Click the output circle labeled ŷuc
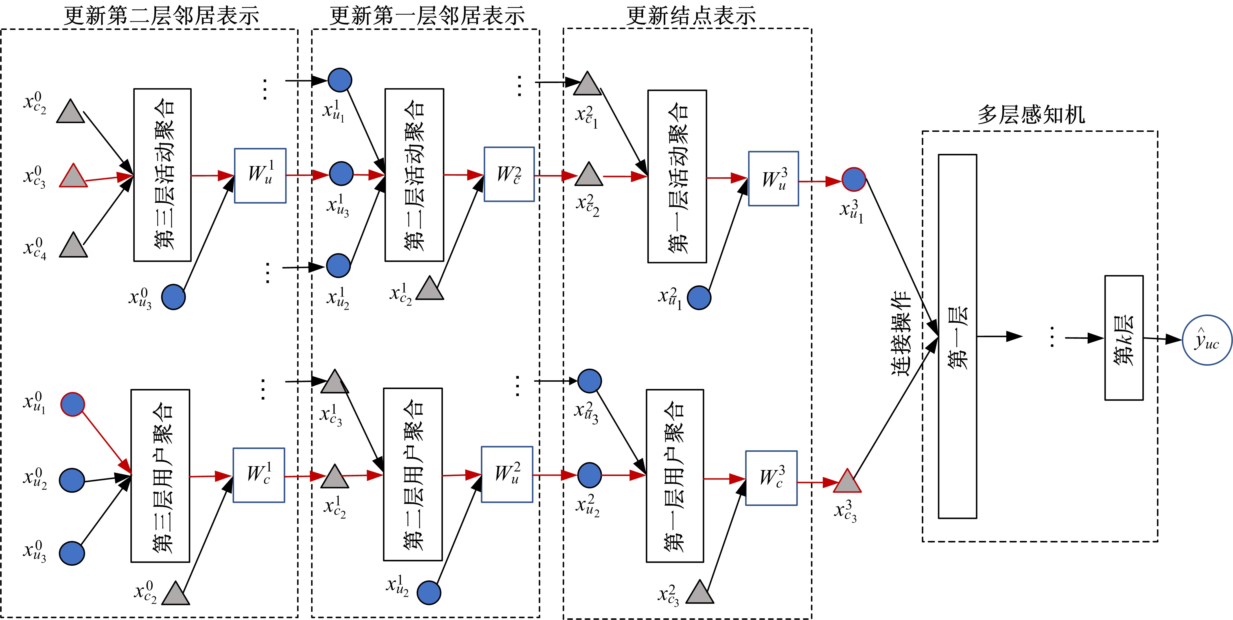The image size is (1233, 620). pos(1207,340)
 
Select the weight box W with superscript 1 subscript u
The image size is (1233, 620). pos(260,176)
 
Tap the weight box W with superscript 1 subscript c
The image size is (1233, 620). pos(259,475)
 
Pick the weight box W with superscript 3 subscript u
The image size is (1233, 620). pos(773,179)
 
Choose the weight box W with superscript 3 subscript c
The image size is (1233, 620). pos(771,478)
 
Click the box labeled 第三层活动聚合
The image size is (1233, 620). pos(162,175)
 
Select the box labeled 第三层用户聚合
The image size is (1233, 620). pos(160,475)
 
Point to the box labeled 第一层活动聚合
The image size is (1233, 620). pos(677,176)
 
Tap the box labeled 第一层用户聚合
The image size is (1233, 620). pos(675,475)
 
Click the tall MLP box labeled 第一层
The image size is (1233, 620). pos(957,336)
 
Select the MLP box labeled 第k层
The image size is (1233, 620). pos(1123,338)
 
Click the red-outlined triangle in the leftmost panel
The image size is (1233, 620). pos(73,176)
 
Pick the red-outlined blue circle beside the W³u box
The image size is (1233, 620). pos(854,180)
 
